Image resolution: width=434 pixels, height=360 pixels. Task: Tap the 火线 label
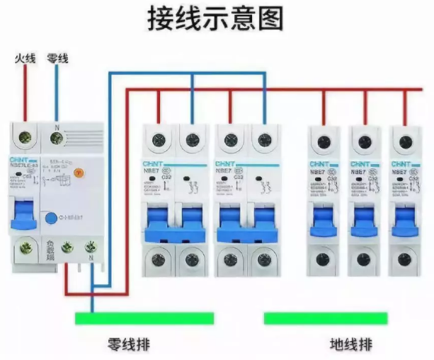click(x=25, y=57)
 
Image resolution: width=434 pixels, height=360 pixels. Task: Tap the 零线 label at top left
click(x=57, y=57)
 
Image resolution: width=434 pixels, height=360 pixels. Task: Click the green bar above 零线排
click(x=144, y=318)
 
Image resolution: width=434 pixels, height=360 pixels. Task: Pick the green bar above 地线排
click(x=326, y=318)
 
